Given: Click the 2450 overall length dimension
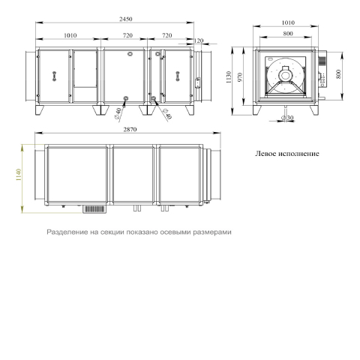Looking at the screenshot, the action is click(x=126, y=19).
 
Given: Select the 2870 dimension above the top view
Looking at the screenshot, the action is click(x=130, y=130).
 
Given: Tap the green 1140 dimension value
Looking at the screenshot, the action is click(x=19, y=175).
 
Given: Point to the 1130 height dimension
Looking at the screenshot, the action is click(x=229, y=77).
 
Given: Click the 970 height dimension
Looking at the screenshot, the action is click(x=240, y=77).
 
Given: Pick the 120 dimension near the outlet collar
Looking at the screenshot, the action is click(x=199, y=40).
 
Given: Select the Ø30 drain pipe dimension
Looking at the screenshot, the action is click(x=287, y=118).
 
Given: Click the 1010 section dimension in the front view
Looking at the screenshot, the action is click(x=70, y=35).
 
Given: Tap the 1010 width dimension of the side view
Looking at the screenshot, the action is click(x=288, y=22).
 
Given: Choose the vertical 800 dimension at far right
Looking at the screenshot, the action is click(x=338, y=74).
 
